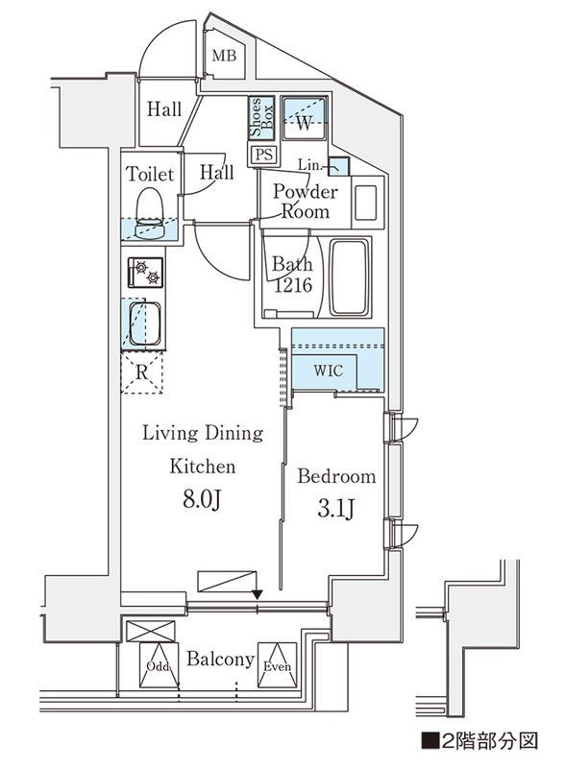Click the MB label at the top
(x=224, y=57)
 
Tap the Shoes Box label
(x=258, y=120)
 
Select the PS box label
(x=261, y=155)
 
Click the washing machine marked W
(x=305, y=121)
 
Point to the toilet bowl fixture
(x=149, y=209)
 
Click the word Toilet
(x=150, y=175)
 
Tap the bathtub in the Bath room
(x=350, y=277)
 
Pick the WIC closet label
(x=324, y=371)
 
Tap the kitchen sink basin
(x=145, y=323)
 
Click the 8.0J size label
(x=204, y=500)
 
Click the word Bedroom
(x=335, y=476)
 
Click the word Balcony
(x=220, y=660)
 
